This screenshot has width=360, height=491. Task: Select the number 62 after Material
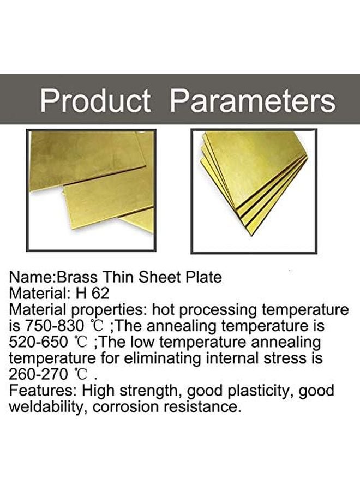click(100, 294)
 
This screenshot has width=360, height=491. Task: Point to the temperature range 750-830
click(53, 326)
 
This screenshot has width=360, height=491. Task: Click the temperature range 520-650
click(38, 342)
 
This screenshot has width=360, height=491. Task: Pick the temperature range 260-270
click(38, 374)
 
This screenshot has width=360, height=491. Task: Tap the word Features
click(43, 391)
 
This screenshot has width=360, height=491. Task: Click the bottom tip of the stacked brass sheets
click(251, 236)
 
